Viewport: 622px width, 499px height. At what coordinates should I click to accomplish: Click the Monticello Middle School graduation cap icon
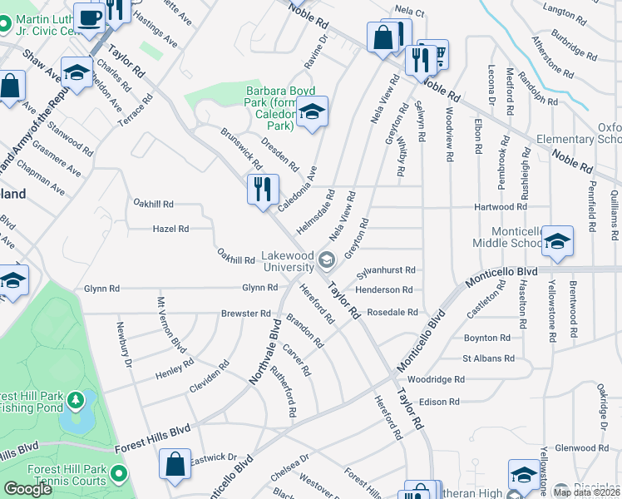556,241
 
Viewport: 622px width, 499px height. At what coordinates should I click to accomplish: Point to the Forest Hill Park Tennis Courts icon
119,475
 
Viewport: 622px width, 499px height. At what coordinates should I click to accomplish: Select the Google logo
27,489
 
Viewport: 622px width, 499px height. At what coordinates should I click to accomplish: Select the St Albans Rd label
488,358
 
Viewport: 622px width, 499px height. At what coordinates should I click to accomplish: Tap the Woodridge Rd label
442,379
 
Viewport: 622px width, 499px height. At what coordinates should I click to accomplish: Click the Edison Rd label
440,402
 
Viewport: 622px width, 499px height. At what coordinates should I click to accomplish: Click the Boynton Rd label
486,338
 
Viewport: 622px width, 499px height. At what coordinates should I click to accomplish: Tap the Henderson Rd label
384,289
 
